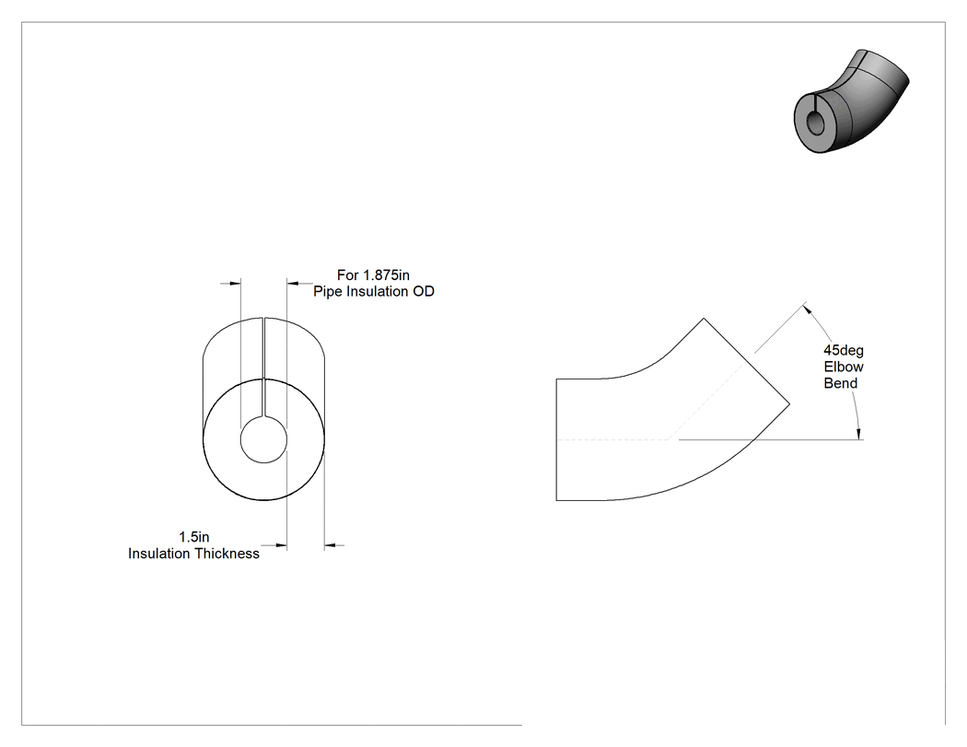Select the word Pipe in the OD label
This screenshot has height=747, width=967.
pos(328,292)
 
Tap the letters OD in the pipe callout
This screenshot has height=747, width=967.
pos(424,291)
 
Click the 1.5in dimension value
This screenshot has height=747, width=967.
pos(194,537)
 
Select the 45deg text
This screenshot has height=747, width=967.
pos(844,351)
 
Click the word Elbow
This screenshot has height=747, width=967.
pos(844,367)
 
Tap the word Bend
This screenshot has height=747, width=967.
pos(841,384)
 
